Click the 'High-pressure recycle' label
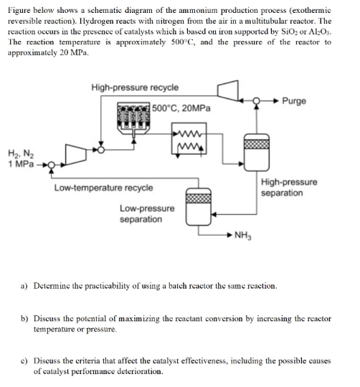[135, 87]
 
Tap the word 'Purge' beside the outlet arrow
[293, 101]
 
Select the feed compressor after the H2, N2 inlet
[77, 153]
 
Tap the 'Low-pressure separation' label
[146, 214]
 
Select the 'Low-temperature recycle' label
[103, 188]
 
